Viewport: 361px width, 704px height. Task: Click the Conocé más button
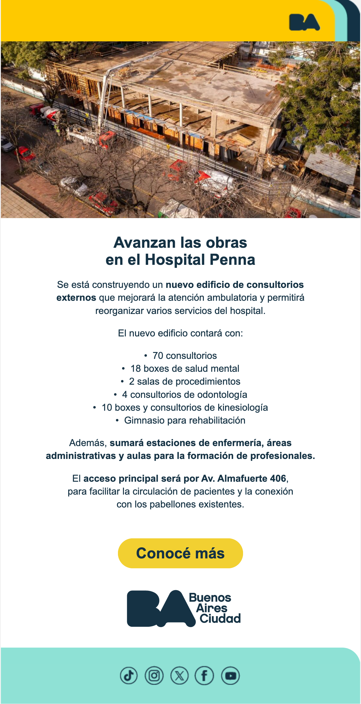coord(180,553)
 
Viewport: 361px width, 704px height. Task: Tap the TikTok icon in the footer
coord(129,676)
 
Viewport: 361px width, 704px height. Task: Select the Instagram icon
coord(154,676)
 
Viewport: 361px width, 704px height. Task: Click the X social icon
coord(179,676)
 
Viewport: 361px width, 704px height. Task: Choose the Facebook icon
coord(204,676)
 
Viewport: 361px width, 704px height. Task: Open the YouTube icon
coord(230,676)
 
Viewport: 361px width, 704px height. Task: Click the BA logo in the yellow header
coord(304,22)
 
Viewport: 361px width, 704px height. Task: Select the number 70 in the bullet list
coord(158,356)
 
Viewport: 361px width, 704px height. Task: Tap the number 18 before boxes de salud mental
coord(136,368)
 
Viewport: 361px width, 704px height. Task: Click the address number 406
coord(278,478)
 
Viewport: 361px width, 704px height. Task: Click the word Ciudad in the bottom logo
coord(220,618)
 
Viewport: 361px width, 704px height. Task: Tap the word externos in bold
coord(76,297)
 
